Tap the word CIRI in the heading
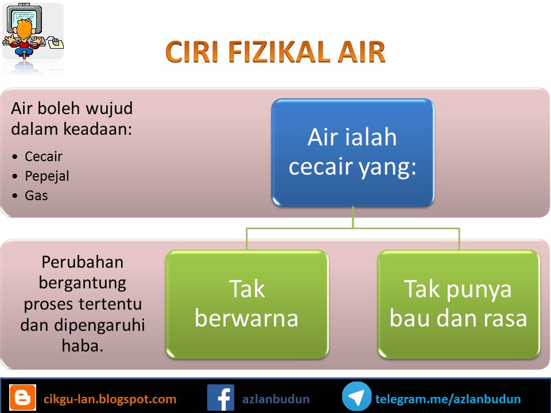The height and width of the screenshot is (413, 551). [192, 52]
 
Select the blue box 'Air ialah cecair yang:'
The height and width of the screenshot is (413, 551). [353, 152]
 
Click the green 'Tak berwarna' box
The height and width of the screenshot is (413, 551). [247, 304]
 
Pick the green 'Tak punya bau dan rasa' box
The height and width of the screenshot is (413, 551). [459, 304]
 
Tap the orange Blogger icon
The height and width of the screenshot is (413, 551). [23, 397]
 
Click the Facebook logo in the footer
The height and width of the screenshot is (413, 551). [220, 398]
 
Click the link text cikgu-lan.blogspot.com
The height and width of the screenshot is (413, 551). [110, 399]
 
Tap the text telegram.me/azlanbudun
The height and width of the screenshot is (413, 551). [448, 399]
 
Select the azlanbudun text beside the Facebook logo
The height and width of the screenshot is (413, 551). [276, 399]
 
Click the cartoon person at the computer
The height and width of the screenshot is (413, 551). [24, 38]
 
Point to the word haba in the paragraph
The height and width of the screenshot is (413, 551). [83, 345]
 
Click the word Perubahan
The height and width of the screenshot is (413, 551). [83, 262]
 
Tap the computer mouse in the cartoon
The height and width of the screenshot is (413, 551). [56, 43]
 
